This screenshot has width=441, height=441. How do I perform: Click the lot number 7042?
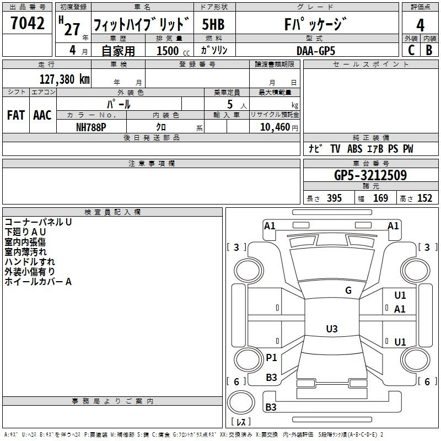[x=28, y=23]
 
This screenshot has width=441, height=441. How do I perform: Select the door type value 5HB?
[x=213, y=25]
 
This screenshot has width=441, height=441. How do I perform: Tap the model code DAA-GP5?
[x=315, y=50]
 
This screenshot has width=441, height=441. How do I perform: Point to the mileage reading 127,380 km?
[x=64, y=79]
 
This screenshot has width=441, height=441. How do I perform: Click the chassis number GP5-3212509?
[x=370, y=176]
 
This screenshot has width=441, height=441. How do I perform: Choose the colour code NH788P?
[x=91, y=126]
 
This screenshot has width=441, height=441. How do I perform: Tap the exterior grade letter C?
[x=410, y=50]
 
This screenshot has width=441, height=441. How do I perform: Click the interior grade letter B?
[x=429, y=50]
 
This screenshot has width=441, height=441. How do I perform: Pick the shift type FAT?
[x=16, y=115]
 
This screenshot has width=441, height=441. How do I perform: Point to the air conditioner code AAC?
[x=42, y=115]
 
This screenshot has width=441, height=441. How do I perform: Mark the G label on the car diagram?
[x=348, y=291]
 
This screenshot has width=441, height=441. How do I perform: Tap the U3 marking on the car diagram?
[x=331, y=329]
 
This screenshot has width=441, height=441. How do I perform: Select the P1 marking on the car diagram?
[x=271, y=358]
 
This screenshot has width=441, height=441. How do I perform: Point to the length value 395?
[x=334, y=198]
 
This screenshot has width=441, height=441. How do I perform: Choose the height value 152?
[x=424, y=198]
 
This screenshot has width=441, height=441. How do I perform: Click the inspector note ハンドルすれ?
[x=30, y=262]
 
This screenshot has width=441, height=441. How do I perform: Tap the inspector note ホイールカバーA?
[x=38, y=282]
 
